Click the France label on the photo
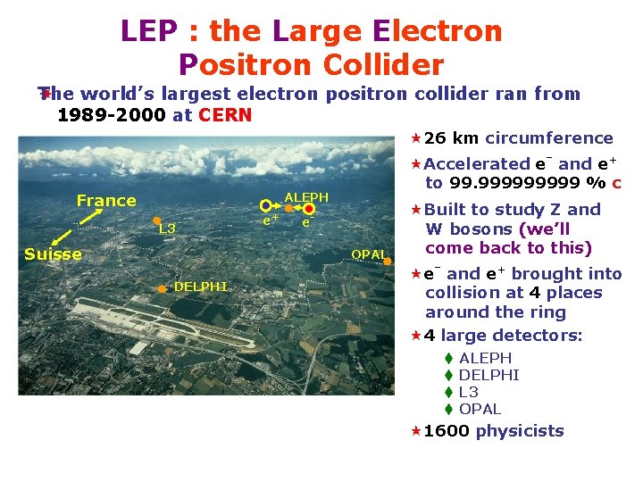106,201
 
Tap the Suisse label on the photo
53,254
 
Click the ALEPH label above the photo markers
306,197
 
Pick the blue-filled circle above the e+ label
265,206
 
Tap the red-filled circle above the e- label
309,209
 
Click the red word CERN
225,115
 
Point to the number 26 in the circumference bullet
436,138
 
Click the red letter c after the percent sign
616,183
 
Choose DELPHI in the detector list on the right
489,375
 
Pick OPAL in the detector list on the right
480,409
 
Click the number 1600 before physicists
447,431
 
